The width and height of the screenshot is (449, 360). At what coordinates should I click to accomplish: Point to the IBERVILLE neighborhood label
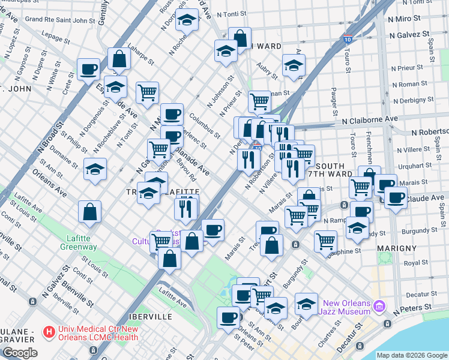tap(150, 316)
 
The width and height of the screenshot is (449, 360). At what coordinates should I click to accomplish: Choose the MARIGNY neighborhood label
tap(397, 247)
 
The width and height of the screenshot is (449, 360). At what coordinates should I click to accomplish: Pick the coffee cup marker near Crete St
tap(88, 70)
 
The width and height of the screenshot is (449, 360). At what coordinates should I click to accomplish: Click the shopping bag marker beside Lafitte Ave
tap(89, 211)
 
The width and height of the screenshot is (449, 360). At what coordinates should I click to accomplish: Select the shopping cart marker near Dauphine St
tap(325, 241)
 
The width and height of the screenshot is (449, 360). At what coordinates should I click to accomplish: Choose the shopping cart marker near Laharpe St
tap(147, 92)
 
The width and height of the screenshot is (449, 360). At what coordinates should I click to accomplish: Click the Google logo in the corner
tap(20, 353)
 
